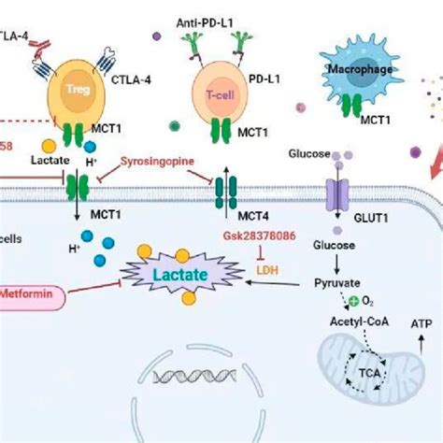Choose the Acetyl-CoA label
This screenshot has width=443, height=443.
[351, 322]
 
